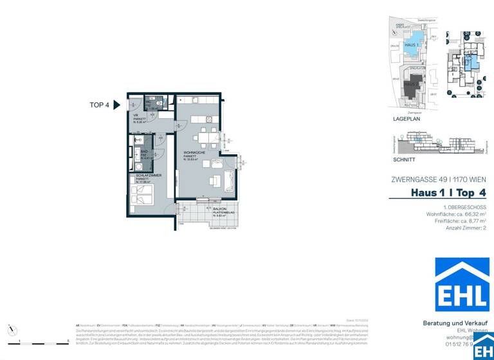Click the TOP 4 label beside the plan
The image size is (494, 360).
click(99, 105)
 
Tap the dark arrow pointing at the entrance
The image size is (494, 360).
click(117, 105)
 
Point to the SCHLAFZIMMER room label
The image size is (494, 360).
click(148, 175)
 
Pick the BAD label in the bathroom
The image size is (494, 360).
click(145, 152)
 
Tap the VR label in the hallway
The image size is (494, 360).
click(136, 116)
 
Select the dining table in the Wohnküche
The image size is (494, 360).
click(206, 136)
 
